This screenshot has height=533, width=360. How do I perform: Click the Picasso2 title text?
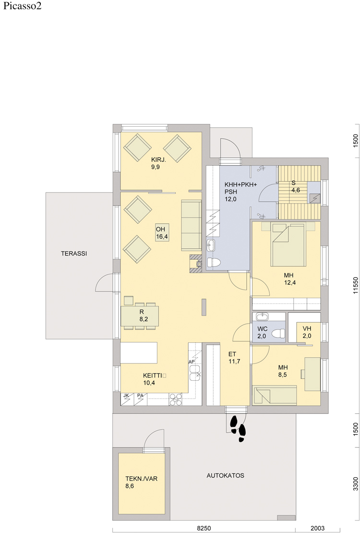pos(22,6)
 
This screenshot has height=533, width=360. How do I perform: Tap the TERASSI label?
pos(74,253)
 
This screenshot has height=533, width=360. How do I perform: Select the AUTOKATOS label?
pos(225,475)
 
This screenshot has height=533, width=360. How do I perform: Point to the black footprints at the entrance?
pos(238,428)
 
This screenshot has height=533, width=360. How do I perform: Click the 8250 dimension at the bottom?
pos(204,528)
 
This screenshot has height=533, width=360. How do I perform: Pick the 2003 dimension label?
pos(317,528)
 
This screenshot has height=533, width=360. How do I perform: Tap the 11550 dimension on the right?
pos(356,286)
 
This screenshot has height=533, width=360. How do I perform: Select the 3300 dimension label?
pos(356,484)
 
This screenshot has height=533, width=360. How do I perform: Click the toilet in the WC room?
pos(279,333)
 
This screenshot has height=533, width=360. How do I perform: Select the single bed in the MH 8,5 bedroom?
pos(275,395)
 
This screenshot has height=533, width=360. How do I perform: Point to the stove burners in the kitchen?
pos(176,400)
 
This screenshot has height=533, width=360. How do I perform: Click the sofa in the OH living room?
pos(192,225)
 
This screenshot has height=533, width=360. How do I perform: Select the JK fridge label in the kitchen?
pos(126,396)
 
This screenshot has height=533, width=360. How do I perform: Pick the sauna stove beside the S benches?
pos(314,197)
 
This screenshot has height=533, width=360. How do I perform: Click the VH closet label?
pos(307,329)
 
